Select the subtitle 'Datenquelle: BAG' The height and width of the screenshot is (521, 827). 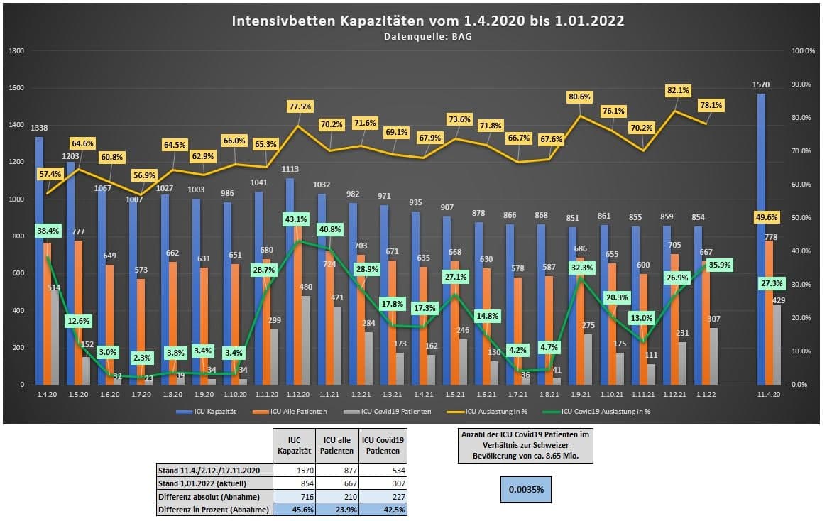click(428, 35)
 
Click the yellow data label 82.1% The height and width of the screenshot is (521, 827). click(678, 90)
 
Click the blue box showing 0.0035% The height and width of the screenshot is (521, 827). click(527, 489)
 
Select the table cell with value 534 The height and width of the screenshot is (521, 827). click(384, 470)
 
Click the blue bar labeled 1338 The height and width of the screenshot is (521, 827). click(40, 260)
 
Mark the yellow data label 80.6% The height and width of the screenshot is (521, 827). click(579, 97)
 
